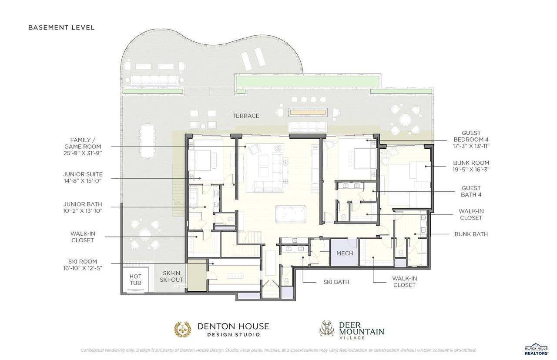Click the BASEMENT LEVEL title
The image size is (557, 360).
[61, 27]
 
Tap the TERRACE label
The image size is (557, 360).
[246, 116]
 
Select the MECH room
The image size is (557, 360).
[344, 253]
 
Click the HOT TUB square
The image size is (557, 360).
[135, 280]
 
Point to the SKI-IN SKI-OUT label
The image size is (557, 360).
[171, 277]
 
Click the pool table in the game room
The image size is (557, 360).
[290, 214]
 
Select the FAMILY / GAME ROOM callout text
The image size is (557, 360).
[83, 147]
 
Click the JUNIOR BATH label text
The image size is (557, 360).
[83, 207]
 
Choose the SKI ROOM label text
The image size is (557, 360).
[83, 265]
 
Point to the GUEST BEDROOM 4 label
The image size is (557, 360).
[471, 140]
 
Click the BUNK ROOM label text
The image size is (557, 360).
[471, 166]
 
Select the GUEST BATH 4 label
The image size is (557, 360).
[471, 191]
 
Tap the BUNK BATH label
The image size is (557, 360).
[471, 234]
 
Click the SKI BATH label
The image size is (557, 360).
[336, 282]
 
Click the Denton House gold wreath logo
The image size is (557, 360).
[183, 330]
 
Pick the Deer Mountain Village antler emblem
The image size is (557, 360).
[327, 328]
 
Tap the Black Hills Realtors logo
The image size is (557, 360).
[537, 350]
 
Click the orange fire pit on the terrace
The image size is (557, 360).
[308, 113]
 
